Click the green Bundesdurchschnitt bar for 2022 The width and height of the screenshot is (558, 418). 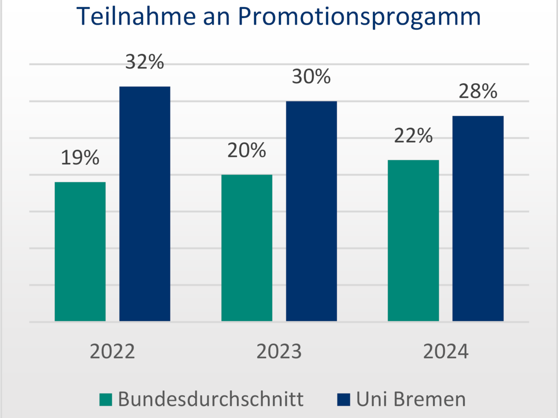[80, 251]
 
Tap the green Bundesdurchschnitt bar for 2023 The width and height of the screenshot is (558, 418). [246, 248]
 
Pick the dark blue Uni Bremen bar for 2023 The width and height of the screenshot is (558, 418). [311, 211]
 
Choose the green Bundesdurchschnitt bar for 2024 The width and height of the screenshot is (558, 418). [413, 240]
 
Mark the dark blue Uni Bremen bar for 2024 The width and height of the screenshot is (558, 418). [478, 218]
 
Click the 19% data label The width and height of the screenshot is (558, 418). [80, 158]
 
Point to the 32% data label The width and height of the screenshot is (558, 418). [145, 62]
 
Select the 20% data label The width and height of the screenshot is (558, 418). [246, 150]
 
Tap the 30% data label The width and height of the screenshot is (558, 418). [311, 77]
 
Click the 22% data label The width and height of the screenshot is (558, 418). [413, 136]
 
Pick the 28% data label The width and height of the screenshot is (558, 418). [478, 91]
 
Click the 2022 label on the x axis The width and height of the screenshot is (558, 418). [112, 352]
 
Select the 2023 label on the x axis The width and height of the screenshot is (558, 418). [279, 352]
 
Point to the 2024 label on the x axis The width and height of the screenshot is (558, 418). [445, 352]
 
